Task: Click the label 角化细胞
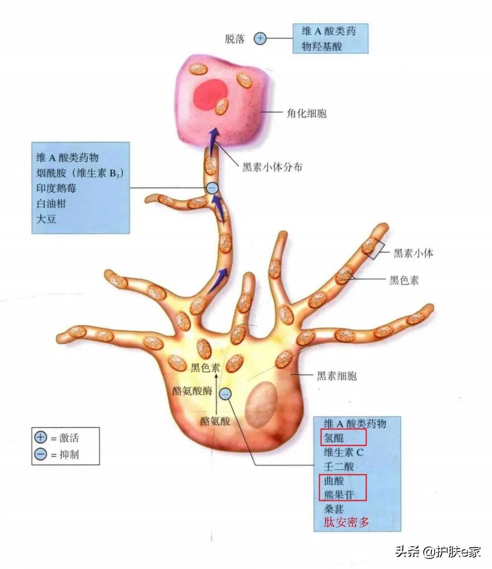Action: point(307,113)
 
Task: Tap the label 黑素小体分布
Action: point(272,167)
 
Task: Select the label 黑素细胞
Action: point(337,376)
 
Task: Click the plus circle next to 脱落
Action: point(260,38)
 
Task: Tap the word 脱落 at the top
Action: point(235,39)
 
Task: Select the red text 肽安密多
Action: point(346,522)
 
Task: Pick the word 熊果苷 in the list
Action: point(338,495)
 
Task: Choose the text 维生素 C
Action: point(343,452)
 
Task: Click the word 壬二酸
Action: point(338,466)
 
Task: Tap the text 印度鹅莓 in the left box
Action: point(56,188)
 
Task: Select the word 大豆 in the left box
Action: point(46,219)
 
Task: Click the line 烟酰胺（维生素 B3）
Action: point(80,173)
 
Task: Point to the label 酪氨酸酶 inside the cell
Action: point(192,391)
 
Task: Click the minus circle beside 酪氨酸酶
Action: point(225,395)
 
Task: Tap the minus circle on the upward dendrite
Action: point(212,188)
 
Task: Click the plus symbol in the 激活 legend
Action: point(41,437)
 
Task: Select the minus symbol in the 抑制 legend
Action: point(41,454)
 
